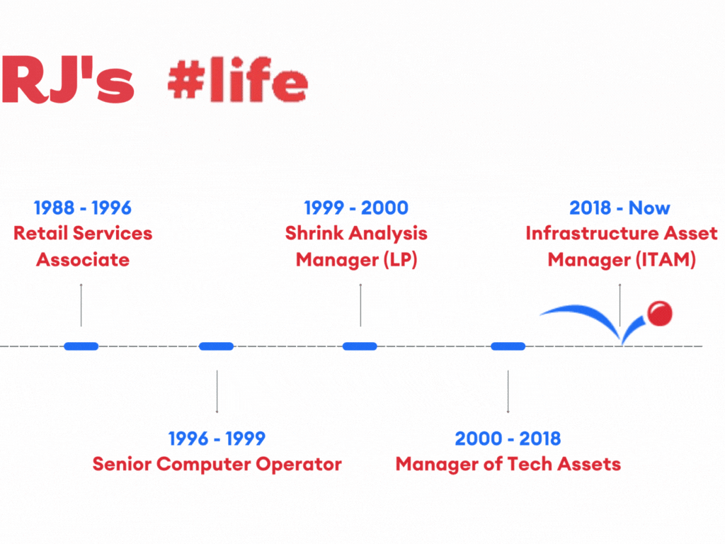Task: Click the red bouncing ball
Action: (x=660, y=314)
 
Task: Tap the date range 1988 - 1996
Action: (x=83, y=208)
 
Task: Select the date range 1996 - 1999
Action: (x=217, y=438)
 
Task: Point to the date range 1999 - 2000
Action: (x=356, y=208)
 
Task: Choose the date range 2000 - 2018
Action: (x=508, y=438)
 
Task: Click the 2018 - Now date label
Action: (x=620, y=208)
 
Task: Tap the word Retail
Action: (x=40, y=233)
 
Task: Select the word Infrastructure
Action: (x=593, y=233)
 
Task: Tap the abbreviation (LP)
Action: (x=401, y=259)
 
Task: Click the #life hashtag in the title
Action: (x=238, y=79)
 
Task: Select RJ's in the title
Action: (x=68, y=79)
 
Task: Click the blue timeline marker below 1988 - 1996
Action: (x=81, y=346)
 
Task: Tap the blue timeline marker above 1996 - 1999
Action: (x=216, y=346)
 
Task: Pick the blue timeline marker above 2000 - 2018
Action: (x=508, y=346)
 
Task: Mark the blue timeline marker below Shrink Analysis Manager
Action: (x=360, y=346)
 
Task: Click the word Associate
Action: (x=83, y=259)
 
